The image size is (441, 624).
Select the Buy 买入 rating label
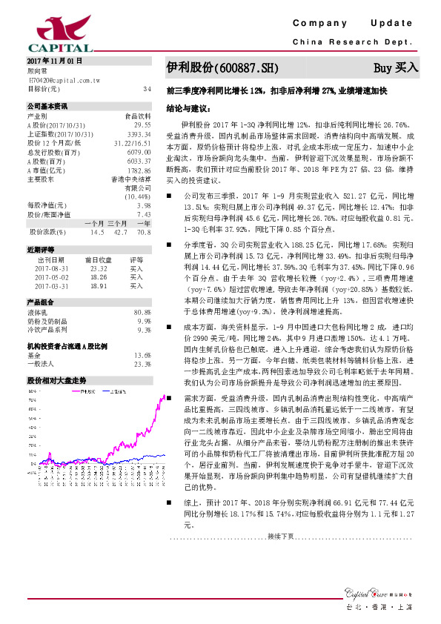[x=396, y=67]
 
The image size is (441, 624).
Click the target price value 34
[x=147, y=89]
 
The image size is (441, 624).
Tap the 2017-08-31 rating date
[x=52, y=268]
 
